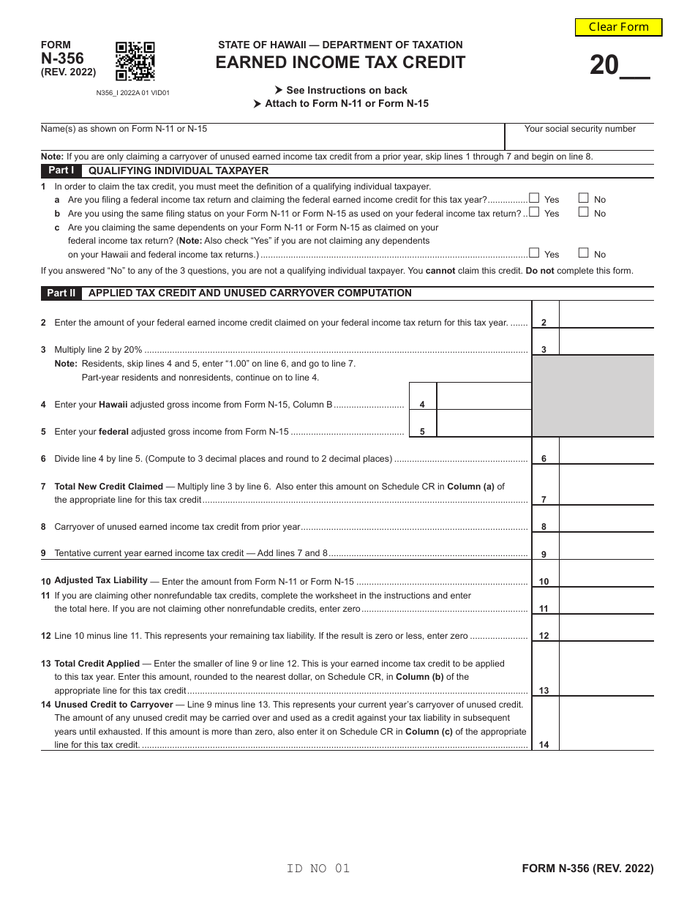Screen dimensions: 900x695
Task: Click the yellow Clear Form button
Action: tap(618, 27)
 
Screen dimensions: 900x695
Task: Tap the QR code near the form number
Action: tap(135, 61)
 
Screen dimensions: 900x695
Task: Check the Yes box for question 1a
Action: tap(534, 198)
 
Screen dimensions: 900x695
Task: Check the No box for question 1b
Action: tap(583, 212)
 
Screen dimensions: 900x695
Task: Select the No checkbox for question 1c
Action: tap(583, 253)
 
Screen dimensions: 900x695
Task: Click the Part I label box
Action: tap(61, 170)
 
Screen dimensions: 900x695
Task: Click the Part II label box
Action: tap(61, 293)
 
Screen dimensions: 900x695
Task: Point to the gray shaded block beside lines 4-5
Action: tap(593, 396)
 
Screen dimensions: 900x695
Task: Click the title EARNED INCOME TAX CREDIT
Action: tap(340, 63)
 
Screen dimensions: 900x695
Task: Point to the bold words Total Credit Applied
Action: tap(97, 664)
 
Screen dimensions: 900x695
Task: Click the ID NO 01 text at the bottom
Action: tap(318, 869)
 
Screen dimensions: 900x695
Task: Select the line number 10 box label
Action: tap(544, 582)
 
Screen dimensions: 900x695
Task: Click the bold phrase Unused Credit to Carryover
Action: tap(113, 705)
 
